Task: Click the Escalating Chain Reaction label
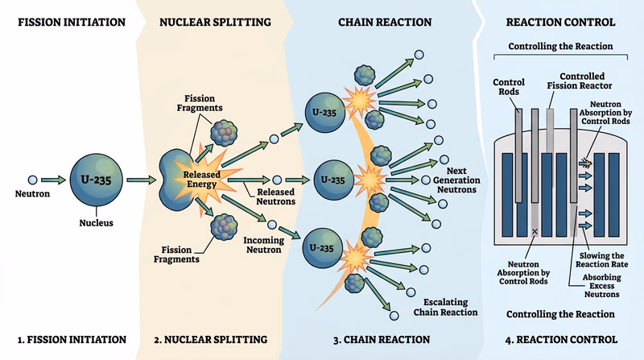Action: (445, 307)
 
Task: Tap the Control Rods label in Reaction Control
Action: (509, 88)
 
